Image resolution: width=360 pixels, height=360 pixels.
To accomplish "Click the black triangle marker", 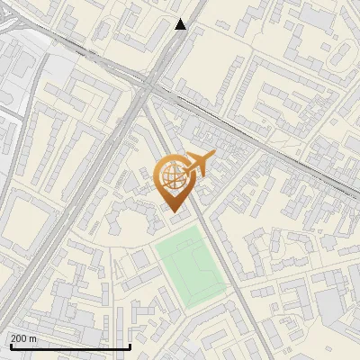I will point(181,24).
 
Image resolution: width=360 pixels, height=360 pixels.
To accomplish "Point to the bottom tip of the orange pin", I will point(175,211).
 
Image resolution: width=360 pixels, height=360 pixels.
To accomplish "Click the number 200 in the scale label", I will point(19,338).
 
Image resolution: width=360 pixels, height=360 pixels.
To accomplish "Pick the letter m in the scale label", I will point(33,338).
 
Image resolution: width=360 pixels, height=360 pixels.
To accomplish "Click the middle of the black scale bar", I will point(69,346).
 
